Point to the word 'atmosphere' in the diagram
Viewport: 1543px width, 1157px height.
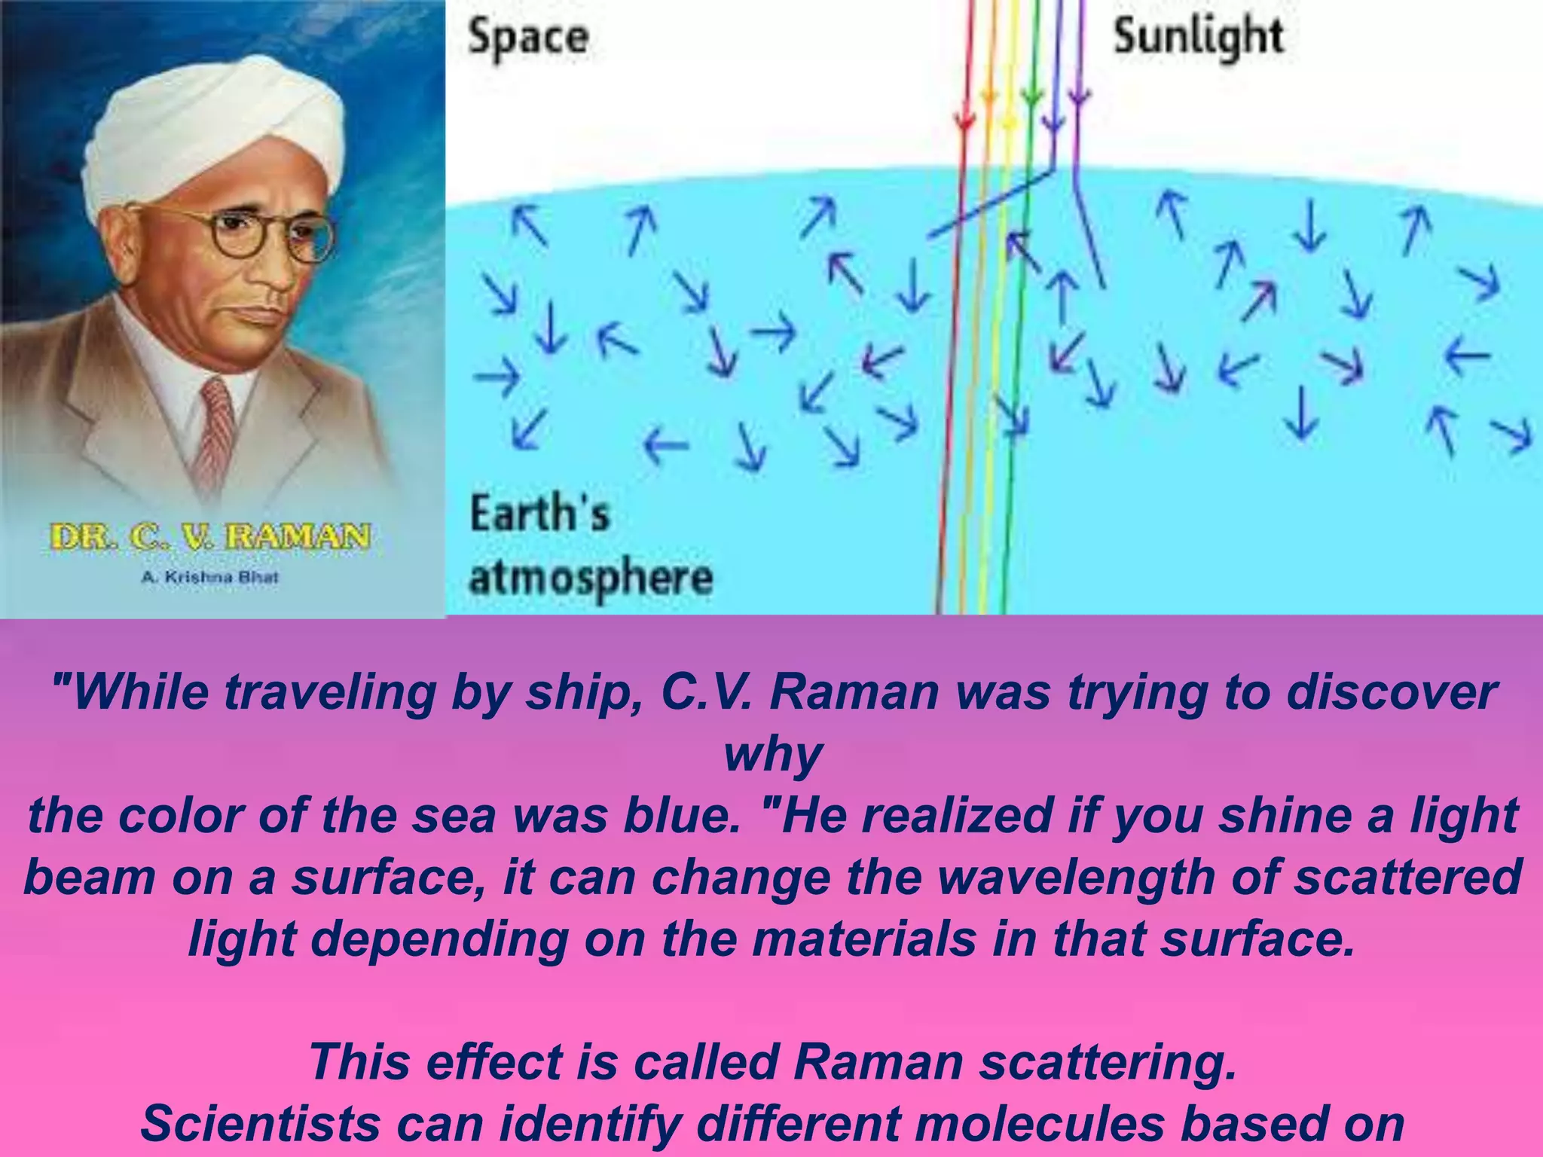click(x=591, y=578)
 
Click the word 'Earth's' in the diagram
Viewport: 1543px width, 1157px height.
click(x=539, y=514)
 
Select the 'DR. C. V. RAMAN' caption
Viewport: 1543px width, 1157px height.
click(x=210, y=537)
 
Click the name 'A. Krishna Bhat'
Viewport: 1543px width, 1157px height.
click(x=210, y=578)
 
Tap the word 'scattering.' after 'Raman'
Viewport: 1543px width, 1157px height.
click(x=1108, y=1062)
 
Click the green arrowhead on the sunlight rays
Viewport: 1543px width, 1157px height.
click(x=1033, y=98)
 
